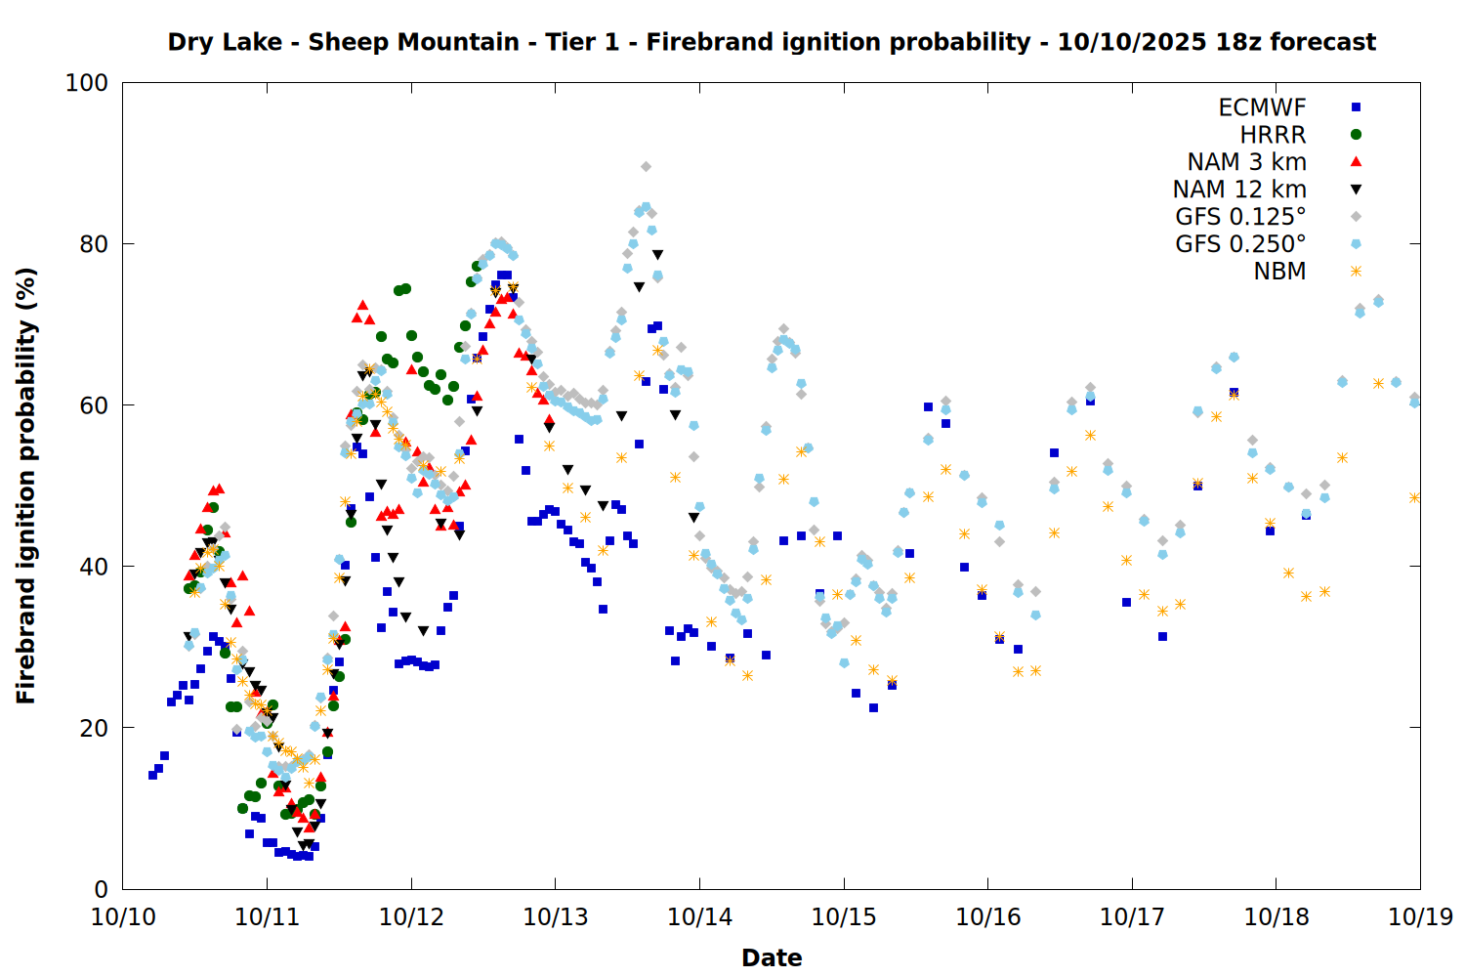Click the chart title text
coord(772,42)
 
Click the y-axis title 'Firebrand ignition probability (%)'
coord(26,486)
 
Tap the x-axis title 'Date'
coord(772,957)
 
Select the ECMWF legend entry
coord(1262,107)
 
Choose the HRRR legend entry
coord(1273,135)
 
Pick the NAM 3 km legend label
coord(1246,162)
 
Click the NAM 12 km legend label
coord(1239,190)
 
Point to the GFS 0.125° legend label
coord(1240,217)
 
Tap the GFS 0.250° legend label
coord(1240,244)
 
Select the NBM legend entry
coord(1279,272)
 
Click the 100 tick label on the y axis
coord(87,83)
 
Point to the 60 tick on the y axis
coord(94,405)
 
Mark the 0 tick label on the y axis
coord(101,889)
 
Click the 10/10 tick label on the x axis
coord(123,917)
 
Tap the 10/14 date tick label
coord(699,917)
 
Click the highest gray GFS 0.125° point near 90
coord(646,167)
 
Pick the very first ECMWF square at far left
coord(152,775)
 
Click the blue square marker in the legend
coord(1356,107)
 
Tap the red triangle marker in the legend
coord(1356,161)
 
